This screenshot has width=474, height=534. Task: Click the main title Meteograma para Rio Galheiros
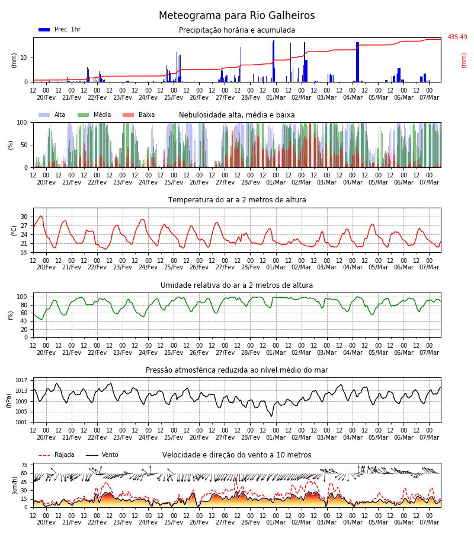point(236,15)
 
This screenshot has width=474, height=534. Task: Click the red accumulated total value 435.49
point(457,37)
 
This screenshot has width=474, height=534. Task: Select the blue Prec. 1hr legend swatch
point(44,30)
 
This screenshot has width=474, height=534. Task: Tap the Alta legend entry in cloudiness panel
point(52,115)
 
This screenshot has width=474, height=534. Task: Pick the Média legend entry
point(94,115)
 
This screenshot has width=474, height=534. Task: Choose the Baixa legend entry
point(139,115)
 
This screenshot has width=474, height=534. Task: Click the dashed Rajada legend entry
point(56,454)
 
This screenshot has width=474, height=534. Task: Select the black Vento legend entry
point(102,454)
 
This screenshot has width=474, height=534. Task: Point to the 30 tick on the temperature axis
point(24,217)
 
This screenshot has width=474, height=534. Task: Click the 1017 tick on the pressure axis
point(21,380)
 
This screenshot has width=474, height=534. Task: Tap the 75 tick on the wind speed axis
point(24,465)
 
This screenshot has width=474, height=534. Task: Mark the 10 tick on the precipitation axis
point(24,58)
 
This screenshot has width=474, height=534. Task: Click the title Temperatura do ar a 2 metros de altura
point(237,200)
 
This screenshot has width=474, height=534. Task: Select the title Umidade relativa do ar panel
point(236,285)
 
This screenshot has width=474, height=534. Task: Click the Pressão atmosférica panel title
point(236,370)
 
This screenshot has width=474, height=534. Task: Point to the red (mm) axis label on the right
point(463,61)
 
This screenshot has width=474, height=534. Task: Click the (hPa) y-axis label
point(9,401)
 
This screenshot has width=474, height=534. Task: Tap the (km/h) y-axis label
point(14,485)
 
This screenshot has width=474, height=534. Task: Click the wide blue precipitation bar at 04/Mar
point(357,62)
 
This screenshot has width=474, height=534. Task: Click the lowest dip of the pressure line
point(271,416)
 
